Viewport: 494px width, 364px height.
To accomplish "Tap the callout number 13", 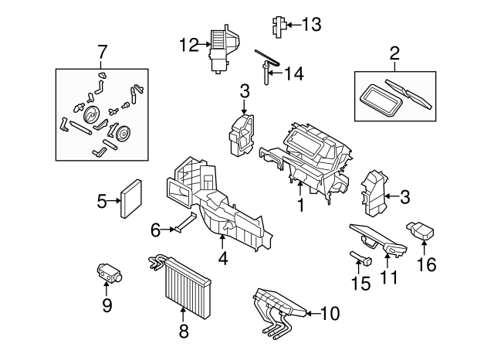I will coord(310,26).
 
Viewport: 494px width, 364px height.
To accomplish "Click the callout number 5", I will coord(102,202).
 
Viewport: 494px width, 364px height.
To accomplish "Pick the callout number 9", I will coord(154,230).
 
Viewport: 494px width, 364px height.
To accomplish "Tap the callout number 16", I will coord(426,264).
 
